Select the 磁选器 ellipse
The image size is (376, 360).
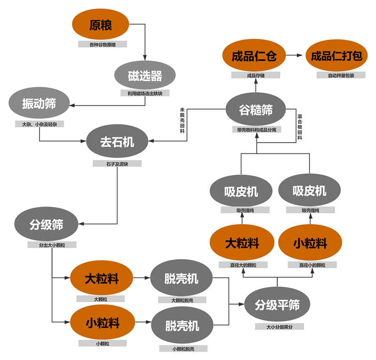coord(145,75)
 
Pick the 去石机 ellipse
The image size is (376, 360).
coord(117,141)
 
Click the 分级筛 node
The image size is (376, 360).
coord(46,225)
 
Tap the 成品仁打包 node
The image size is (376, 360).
coord(336,56)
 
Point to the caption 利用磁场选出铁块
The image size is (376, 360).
coord(145,93)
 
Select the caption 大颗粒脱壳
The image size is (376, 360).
coord(182,300)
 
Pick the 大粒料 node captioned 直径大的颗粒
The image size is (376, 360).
coord(243,244)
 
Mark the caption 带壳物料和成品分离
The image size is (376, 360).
coord(256,129)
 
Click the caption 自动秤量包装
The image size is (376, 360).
coord(336,75)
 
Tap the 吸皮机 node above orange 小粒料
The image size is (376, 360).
coord(309,191)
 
